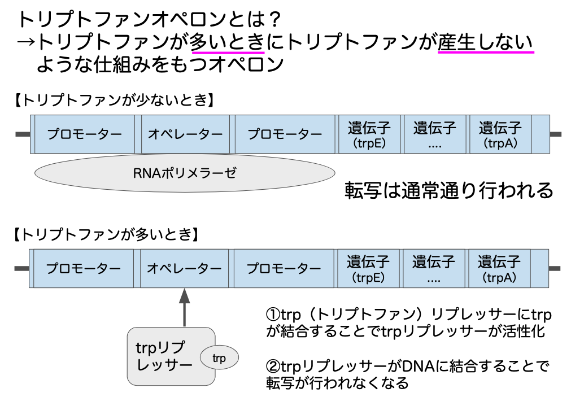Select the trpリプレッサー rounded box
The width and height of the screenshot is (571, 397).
coord(164,356)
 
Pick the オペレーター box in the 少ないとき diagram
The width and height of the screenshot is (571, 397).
coord(185,134)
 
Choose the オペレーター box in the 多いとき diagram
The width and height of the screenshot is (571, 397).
coord(184,268)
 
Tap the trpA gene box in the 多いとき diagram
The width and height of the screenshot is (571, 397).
coord(499,268)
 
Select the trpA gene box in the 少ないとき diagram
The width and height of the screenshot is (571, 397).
coord(499,134)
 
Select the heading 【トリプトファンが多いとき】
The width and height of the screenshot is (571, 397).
coord(104,234)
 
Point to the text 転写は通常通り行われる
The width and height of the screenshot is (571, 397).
coord(448,190)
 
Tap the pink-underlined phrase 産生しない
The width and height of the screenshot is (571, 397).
coord(486,42)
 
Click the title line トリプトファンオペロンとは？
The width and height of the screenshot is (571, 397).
coord(150,19)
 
